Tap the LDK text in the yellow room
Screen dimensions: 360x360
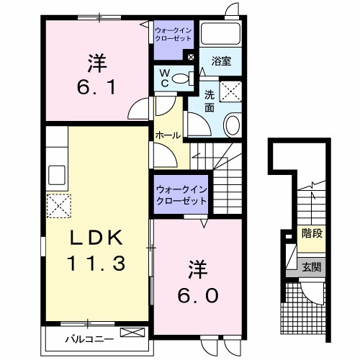pos(98,238)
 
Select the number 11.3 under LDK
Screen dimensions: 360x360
pos(98,263)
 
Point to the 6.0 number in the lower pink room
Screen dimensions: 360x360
pos(194,294)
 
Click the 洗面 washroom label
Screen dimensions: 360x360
pos(210,100)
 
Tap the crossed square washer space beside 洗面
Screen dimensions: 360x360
pos(232,91)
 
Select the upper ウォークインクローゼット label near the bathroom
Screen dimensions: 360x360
pos(173,34)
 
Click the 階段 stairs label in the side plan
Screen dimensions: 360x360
pos(312,233)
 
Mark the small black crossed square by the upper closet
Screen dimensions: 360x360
pos(191,58)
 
